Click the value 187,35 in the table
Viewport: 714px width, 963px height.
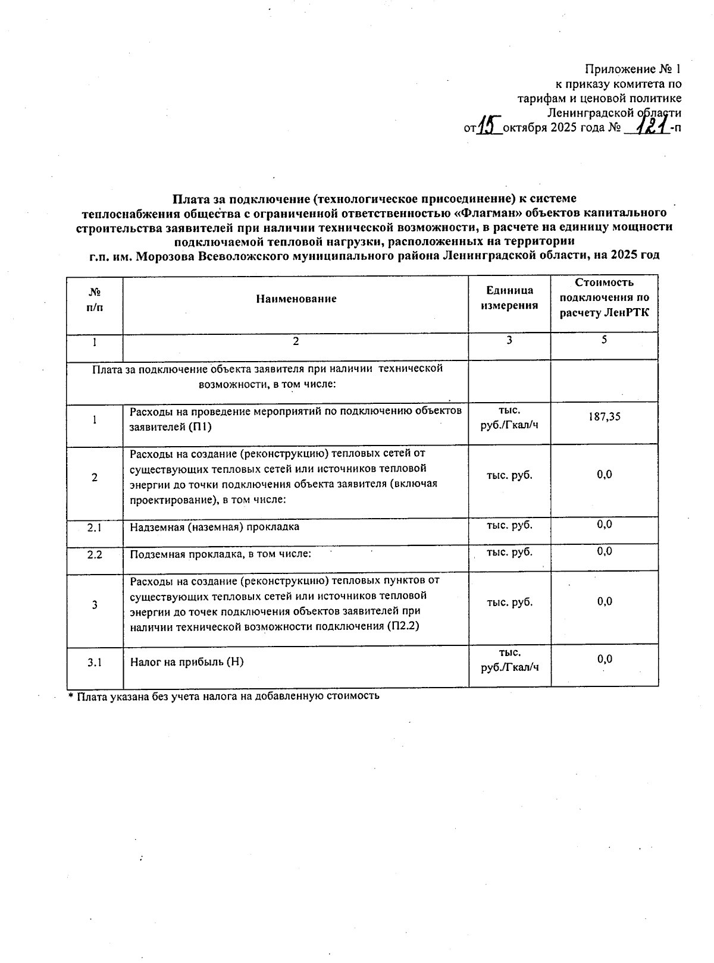coord(604,417)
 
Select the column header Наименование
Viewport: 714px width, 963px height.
coord(296,299)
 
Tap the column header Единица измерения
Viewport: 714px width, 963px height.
coord(509,298)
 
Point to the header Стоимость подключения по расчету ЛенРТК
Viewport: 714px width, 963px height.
coord(604,297)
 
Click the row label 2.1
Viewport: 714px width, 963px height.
coord(94,527)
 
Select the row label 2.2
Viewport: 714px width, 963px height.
coord(94,554)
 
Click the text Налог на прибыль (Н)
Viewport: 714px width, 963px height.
coord(187,661)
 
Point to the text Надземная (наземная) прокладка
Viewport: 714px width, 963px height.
coord(214,527)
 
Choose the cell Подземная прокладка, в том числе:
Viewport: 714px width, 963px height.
coord(221,554)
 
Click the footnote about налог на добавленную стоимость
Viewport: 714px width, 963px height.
coord(224,695)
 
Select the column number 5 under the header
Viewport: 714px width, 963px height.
coord(604,340)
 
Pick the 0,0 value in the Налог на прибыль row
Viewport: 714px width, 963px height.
coord(604,659)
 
